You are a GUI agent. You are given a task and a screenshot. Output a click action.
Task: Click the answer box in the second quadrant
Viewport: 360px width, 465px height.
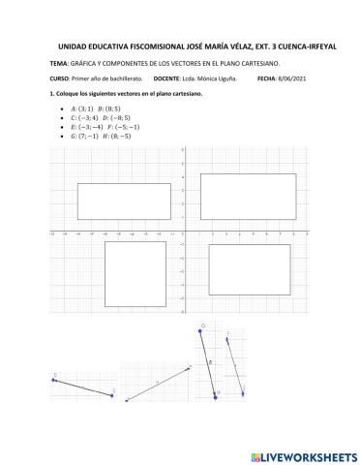pos(125,201)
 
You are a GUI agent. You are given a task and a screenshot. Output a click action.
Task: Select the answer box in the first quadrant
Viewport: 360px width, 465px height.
pos(248,197)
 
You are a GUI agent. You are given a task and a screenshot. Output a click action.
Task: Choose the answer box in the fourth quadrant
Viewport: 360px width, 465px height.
pos(250,268)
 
